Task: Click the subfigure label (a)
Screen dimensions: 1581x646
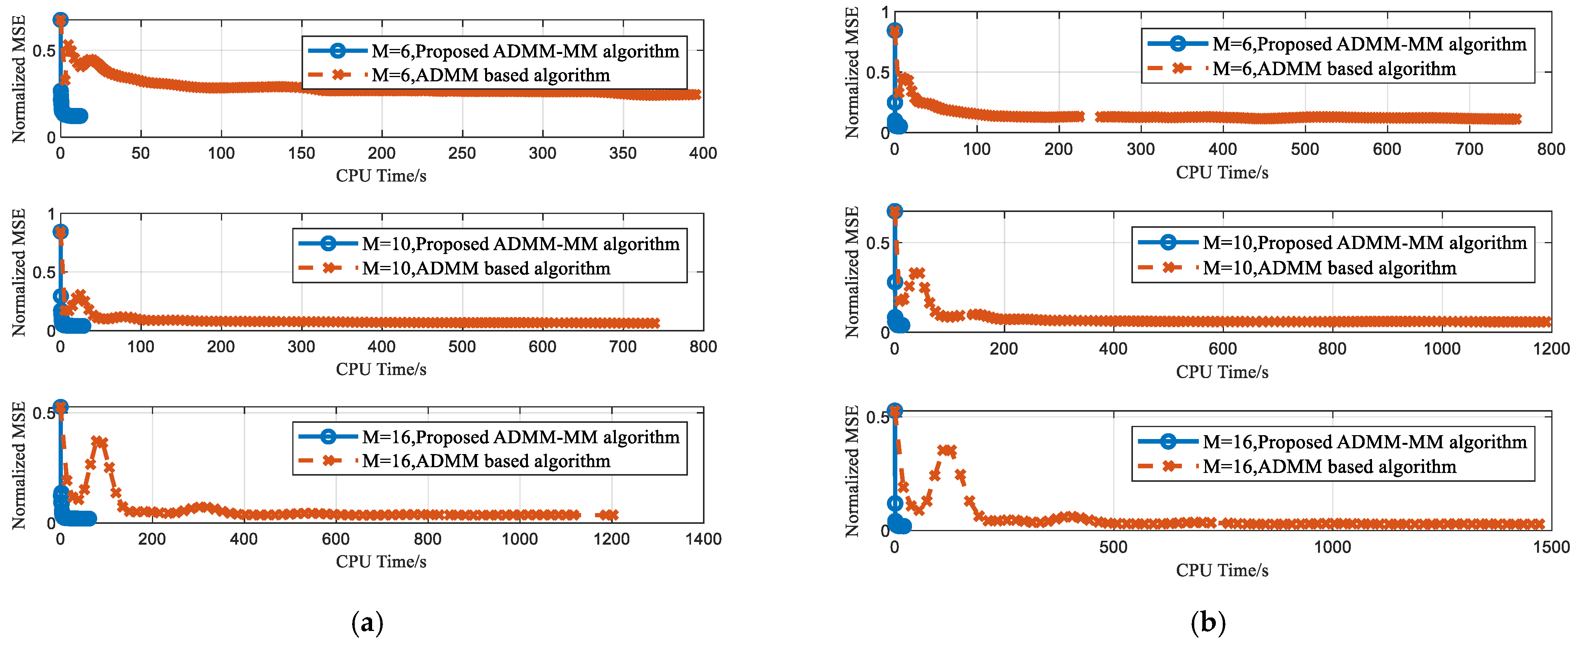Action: (x=367, y=623)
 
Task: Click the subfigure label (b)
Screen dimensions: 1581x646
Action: (x=1208, y=623)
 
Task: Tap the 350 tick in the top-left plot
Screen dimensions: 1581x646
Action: (x=623, y=153)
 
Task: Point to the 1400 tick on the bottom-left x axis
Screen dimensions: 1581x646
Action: (x=703, y=539)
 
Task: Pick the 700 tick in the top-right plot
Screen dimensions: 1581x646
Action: (x=1469, y=149)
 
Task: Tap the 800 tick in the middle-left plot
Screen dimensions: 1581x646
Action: (x=703, y=347)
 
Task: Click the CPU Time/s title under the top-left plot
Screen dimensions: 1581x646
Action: (x=381, y=176)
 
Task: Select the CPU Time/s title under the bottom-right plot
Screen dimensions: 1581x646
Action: (x=1222, y=570)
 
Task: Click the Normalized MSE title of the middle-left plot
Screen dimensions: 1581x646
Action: (x=19, y=273)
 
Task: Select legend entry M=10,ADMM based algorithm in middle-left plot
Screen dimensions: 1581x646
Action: (x=454, y=268)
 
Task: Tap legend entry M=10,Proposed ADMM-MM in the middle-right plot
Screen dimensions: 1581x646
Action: (x=1332, y=243)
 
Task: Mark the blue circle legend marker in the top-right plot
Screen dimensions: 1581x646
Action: (x=1177, y=44)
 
